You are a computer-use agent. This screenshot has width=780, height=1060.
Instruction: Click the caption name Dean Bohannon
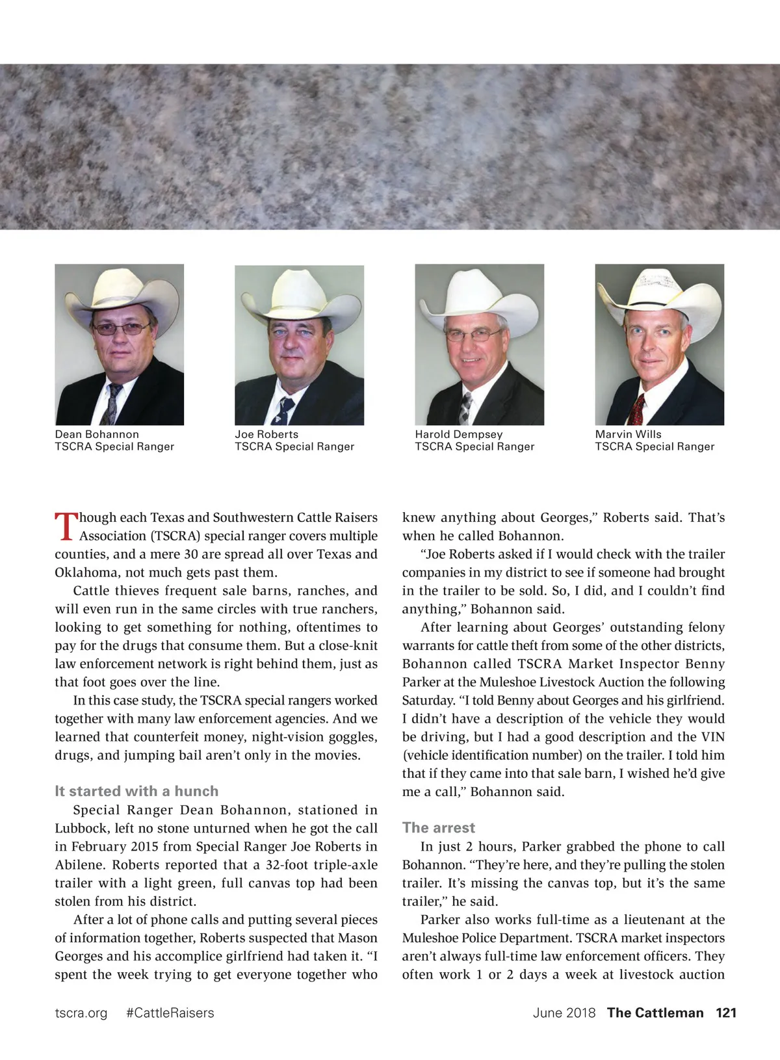pos(97,434)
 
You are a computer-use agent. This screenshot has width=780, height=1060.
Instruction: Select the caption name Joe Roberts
pos(266,434)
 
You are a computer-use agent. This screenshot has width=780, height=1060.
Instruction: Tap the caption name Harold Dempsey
pos(459,434)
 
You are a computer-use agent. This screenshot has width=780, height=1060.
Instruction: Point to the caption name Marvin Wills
pos(628,434)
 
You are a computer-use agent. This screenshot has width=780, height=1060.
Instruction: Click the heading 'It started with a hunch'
pos(136,791)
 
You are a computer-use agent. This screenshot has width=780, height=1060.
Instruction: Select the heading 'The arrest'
pos(439,827)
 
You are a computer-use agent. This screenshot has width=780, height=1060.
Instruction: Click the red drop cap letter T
pos(66,527)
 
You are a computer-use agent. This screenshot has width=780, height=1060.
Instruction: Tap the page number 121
pos(726,1013)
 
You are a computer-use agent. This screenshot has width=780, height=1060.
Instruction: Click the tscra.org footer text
pos(81,1013)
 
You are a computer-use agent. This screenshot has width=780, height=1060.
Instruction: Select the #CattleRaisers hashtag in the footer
pos(170,1013)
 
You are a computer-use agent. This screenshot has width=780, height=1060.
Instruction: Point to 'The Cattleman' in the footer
pos(655,1013)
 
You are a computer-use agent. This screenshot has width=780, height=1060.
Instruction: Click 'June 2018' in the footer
pos(564,1013)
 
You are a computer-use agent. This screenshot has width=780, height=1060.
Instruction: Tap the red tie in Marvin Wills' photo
pos(638,409)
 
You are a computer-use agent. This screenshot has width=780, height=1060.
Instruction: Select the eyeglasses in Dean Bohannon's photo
pos(122,329)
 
